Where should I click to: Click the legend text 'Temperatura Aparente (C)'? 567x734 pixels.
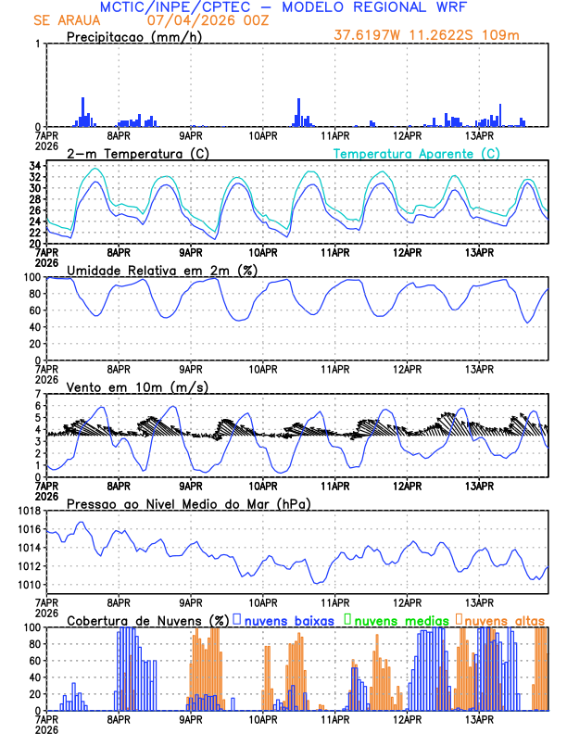click(x=417, y=153)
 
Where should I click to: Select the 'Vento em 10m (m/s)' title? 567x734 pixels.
click(x=125, y=386)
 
